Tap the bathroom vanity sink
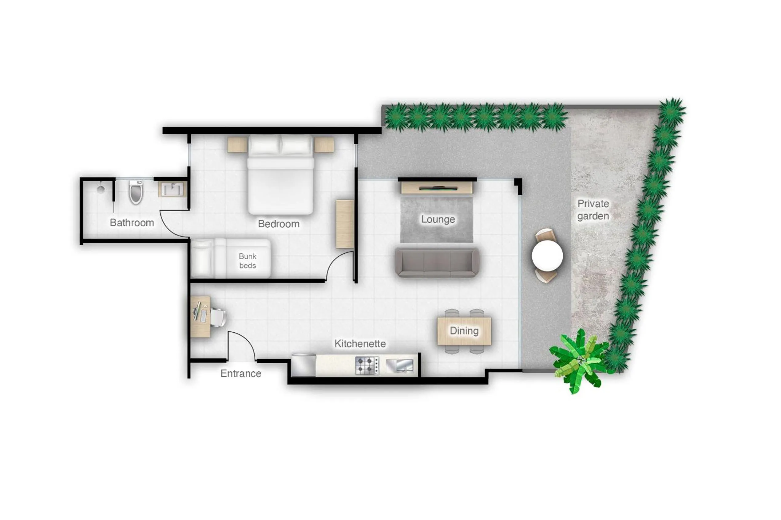point(172,190)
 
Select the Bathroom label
point(132,222)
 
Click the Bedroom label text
point(279,224)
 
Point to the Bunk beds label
point(248,261)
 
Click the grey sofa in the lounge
point(437,263)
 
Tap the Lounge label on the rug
point(438,219)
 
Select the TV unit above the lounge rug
point(437,188)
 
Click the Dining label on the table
point(464,330)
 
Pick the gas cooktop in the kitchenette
point(367,366)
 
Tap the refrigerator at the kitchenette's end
point(303,365)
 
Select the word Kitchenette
point(360,344)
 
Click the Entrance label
point(241,373)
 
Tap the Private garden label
point(593,209)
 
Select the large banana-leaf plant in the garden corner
point(580,360)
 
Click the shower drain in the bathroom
point(101,190)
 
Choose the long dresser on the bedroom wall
point(344,224)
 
